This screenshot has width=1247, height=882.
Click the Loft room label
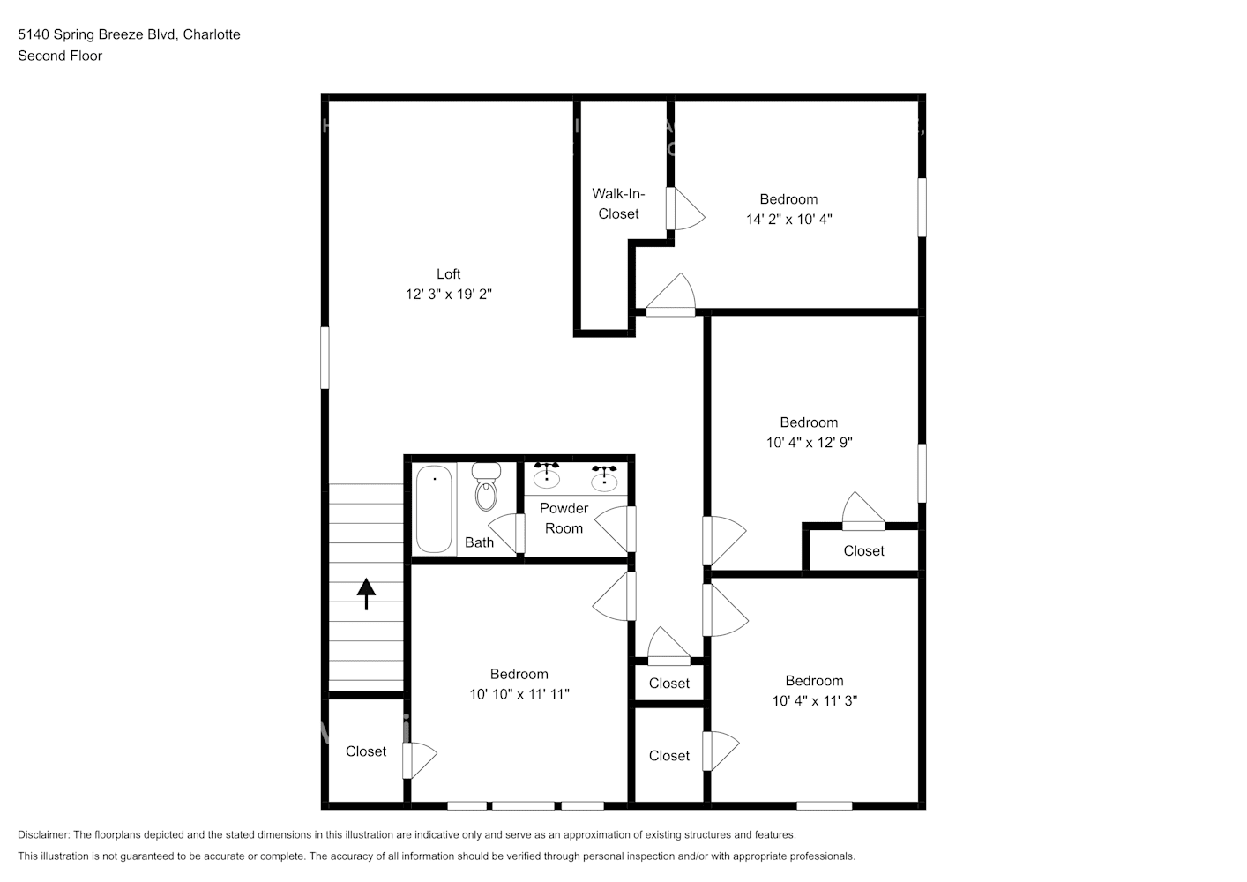(x=448, y=274)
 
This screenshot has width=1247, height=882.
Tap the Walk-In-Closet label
(x=618, y=204)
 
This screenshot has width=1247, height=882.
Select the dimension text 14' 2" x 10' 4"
(x=788, y=220)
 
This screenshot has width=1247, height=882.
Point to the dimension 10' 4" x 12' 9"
(x=809, y=443)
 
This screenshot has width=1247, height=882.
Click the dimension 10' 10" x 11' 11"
(x=519, y=695)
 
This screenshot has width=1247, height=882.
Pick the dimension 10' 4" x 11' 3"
(x=814, y=701)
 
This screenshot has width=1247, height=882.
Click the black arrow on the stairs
(x=365, y=593)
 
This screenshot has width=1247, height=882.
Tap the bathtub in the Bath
(x=434, y=510)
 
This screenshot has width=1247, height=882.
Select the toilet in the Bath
(x=486, y=488)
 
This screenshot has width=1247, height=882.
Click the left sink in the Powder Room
(x=547, y=476)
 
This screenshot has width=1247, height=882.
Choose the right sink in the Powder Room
(x=604, y=478)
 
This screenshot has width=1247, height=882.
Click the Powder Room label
(x=564, y=519)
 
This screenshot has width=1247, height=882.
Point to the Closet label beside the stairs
(x=365, y=751)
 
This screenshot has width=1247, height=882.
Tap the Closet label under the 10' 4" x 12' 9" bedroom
(x=863, y=551)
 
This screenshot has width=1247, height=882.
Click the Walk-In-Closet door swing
(x=687, y=209)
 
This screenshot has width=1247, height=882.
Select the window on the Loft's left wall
(x=325, y=357)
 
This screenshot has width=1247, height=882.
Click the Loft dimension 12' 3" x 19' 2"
(x=448, y=295)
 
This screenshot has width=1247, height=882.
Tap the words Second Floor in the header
(x=60, y=56)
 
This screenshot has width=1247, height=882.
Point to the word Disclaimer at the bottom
(x=42, y=834)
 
